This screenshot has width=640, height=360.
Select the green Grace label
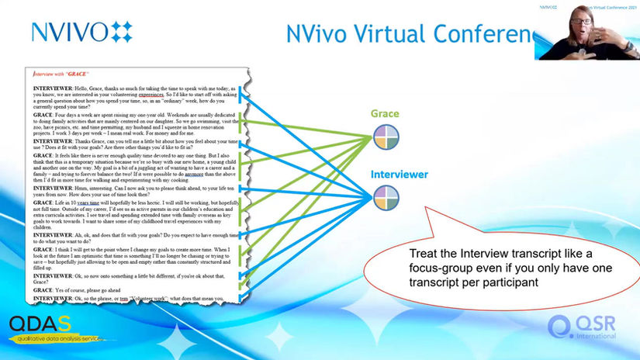click(385, 114)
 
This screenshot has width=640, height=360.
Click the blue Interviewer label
click(399, 175)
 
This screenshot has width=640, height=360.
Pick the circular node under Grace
click(386, 138)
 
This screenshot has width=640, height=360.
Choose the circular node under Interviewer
click(386, 198)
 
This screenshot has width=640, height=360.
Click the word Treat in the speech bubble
click(423, 255)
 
